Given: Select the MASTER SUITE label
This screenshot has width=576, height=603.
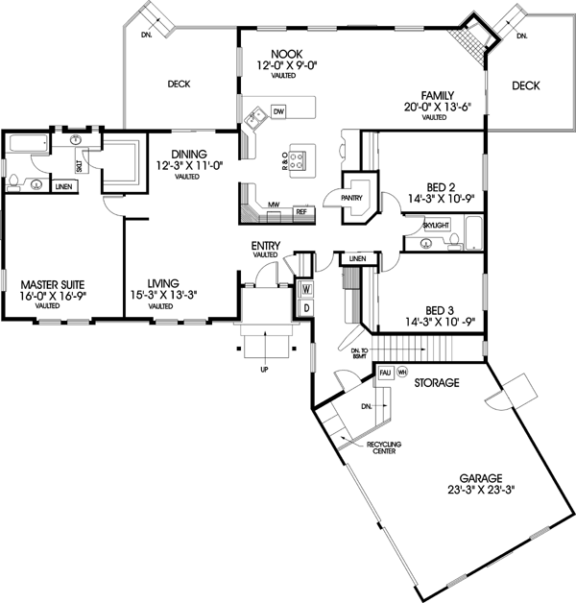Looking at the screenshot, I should click(x=52, y=284).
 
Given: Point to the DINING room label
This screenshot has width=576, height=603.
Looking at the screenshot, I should click(x=189, y=154).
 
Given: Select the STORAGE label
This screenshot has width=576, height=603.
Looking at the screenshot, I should click(x=436, y=382).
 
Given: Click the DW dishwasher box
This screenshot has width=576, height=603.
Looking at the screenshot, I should click(x=278, y=113).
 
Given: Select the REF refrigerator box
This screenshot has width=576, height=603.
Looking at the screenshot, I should click(x=300, y=211).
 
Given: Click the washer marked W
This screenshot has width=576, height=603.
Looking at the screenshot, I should click(x=306, y=288).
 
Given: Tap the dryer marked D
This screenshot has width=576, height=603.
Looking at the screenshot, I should click(x=306, y=307).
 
